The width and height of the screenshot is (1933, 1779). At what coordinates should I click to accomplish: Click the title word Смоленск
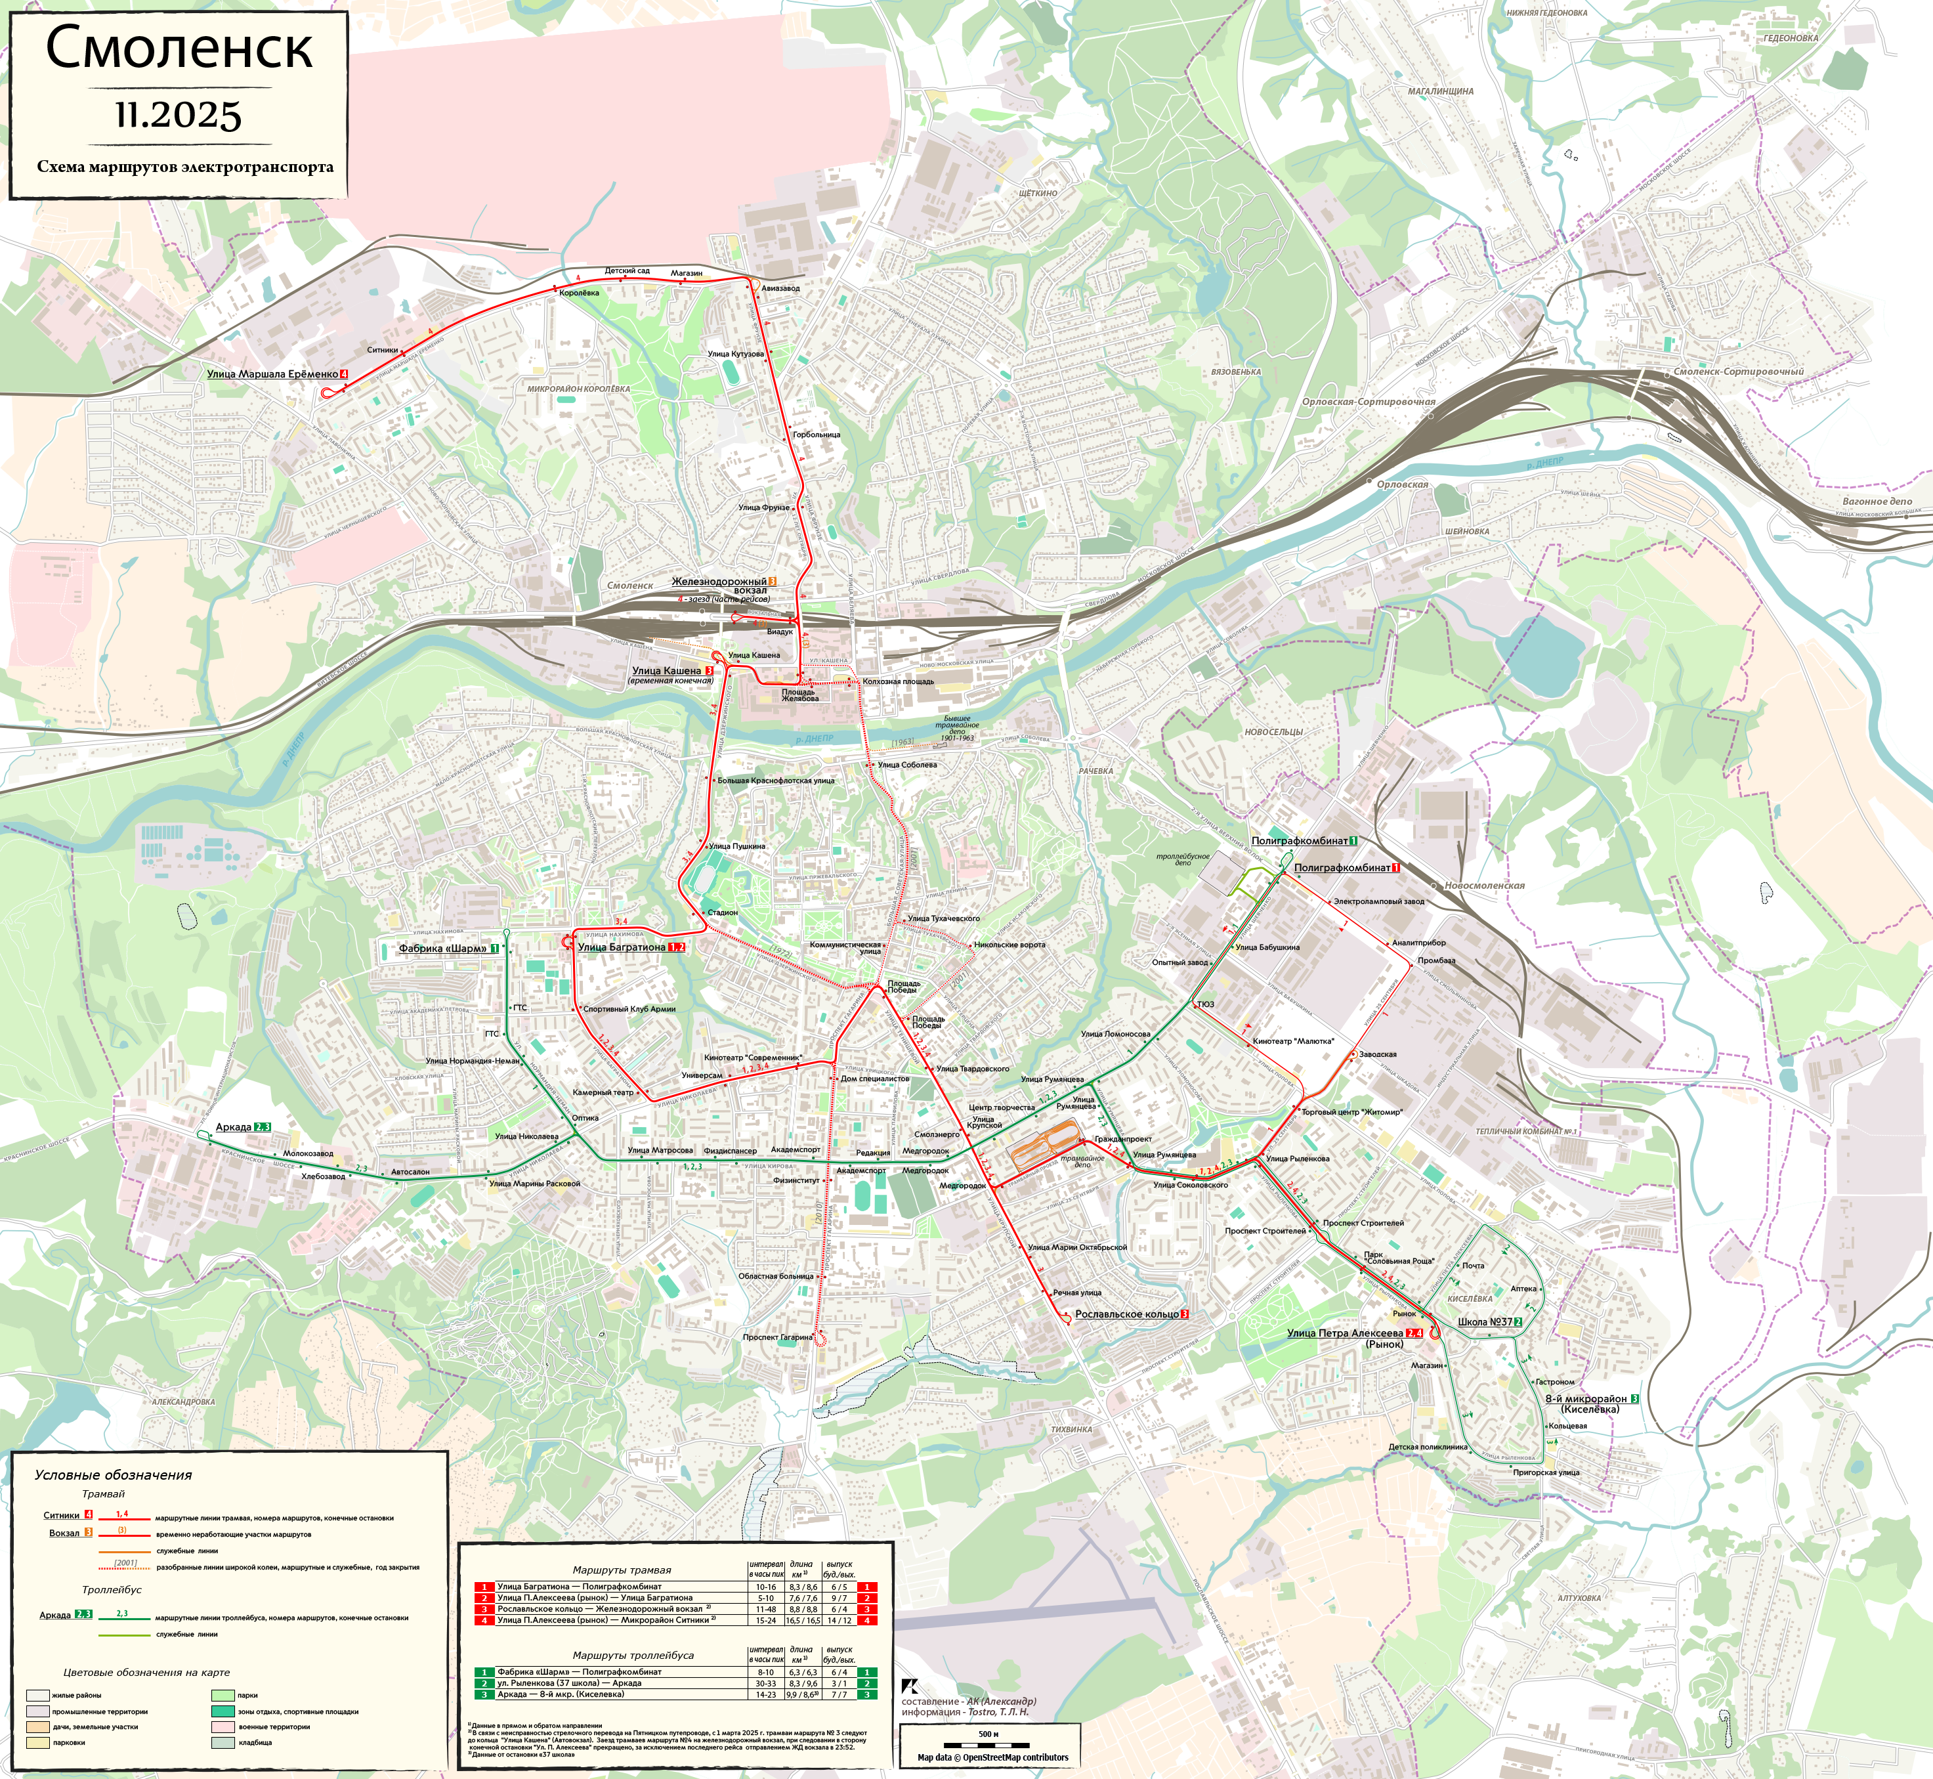coord(179,47)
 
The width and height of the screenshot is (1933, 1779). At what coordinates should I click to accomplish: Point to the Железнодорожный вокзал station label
coord(719,582)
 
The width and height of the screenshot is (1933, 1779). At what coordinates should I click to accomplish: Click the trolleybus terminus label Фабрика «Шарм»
coord(444,948)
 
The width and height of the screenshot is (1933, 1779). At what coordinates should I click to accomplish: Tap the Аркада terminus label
coord(234,1126)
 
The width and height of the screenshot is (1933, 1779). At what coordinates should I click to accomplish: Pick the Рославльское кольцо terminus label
coord(1126,1314)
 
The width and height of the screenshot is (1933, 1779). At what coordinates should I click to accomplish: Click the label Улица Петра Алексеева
coord(1346,1333)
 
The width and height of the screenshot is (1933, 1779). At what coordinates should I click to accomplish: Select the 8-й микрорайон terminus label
coord(1586,1399)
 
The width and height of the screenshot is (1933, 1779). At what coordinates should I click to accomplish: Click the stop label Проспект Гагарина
coord(777,1337)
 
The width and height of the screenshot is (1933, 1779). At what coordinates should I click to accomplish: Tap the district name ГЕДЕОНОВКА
coord(1791,39)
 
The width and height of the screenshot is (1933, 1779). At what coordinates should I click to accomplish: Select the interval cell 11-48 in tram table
coord(765,1608)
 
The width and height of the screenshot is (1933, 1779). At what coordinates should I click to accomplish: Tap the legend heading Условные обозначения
coord(113,1475)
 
